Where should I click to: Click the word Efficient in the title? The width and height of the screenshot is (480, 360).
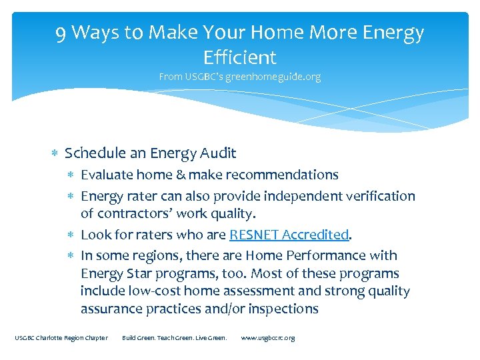coord(240,57)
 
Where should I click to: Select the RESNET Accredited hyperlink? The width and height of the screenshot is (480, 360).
coord(289,235)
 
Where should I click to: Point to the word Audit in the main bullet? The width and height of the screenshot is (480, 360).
coord(218,153)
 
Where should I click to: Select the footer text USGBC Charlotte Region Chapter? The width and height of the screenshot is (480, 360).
coord(61,338)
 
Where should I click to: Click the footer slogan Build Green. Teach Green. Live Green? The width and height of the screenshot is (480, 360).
coord(175,338)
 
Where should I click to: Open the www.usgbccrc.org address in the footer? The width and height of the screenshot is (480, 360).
coord(267,338)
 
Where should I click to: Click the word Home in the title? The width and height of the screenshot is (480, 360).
coord(293,33)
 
